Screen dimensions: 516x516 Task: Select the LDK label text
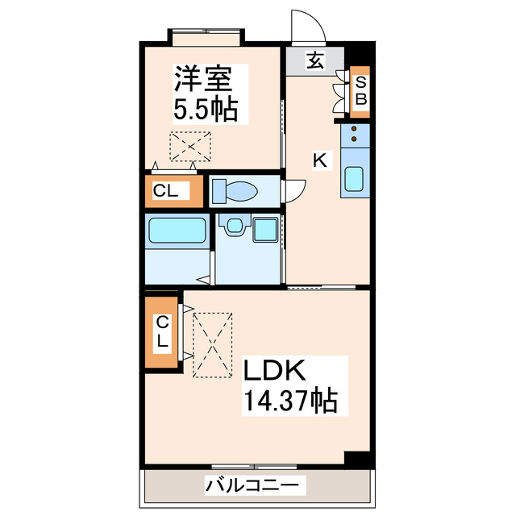(x=273, y=372)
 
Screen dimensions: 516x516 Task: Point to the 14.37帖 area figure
(x=289, y=399)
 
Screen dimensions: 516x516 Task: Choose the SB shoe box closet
(x=361, y=90)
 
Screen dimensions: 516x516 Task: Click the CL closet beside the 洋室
(x=166, y=191)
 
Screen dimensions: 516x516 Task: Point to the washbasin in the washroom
(x=234, y=227)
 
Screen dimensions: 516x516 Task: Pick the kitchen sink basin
(x=355, y=179)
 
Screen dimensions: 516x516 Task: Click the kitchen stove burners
(x=355, y=135)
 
